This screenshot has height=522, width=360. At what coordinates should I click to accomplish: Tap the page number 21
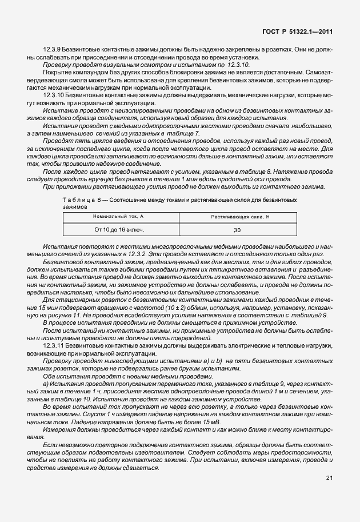point(329,478)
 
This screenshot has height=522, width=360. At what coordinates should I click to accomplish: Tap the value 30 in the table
point(237,230)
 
